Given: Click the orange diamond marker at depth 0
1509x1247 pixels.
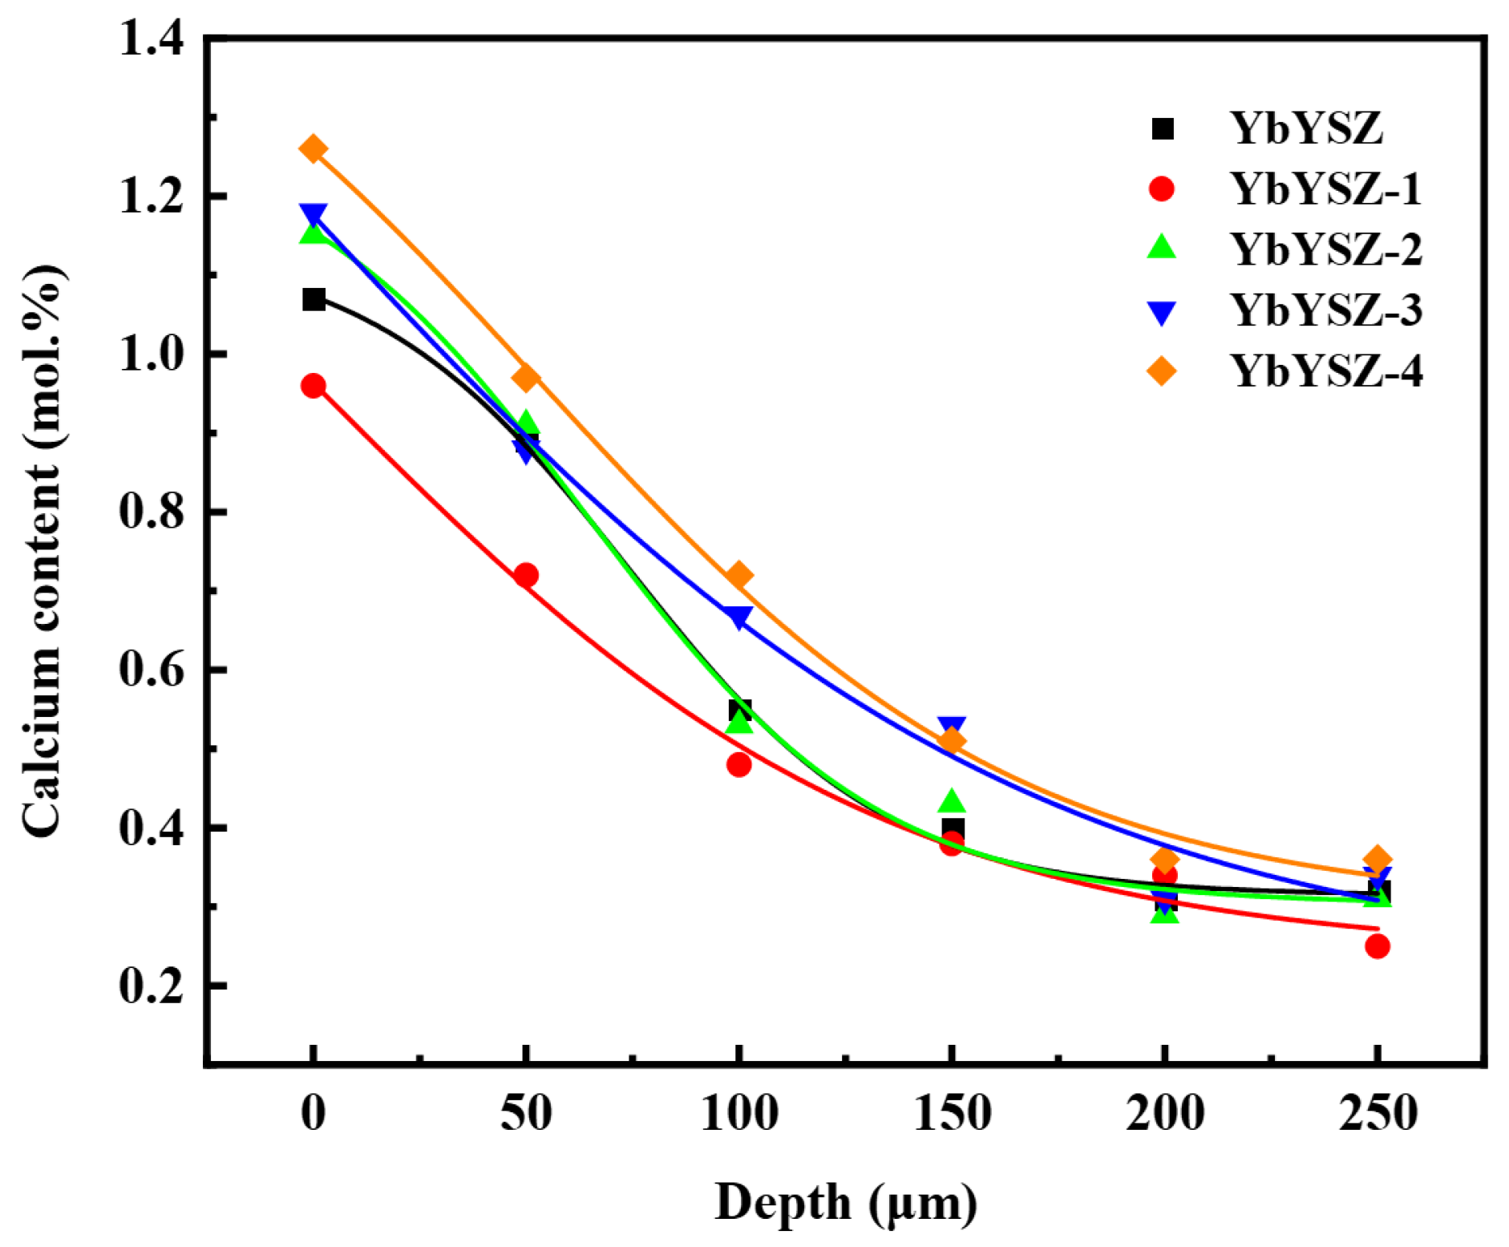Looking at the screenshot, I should tap(313, 149).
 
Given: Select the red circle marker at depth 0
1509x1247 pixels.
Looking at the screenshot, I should tap(313, 386).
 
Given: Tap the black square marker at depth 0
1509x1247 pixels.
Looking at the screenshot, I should tap(314, 300).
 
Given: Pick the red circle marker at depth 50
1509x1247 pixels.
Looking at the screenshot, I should tap(526, 575).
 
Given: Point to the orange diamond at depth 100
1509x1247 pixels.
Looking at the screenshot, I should tap(738, 575).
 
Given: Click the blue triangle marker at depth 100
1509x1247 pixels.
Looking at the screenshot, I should tap(738, 617).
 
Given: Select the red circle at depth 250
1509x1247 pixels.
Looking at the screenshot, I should tap(1377, 946).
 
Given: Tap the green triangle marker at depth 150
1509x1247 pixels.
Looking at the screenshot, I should tap(951, 801).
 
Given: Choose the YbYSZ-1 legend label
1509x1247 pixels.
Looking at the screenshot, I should tap(1325, 189).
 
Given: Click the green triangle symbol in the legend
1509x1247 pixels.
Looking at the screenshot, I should tap(1161, 248).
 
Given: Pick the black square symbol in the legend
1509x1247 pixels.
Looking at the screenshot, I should tap(1162, 128).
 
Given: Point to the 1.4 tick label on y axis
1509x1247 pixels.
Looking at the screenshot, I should tap(152, 38).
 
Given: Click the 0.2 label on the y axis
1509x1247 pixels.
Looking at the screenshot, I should tap(152, 986).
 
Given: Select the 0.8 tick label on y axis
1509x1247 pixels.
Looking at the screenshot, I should tap(152, 512).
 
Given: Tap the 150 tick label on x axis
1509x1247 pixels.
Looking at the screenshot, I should tap(952, 1113).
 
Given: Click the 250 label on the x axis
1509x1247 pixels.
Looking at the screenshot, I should tap(1377, 1113).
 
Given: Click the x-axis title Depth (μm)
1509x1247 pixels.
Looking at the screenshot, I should tap(845, 1203).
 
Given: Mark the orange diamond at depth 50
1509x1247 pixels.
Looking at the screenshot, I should tap(526, 377).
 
